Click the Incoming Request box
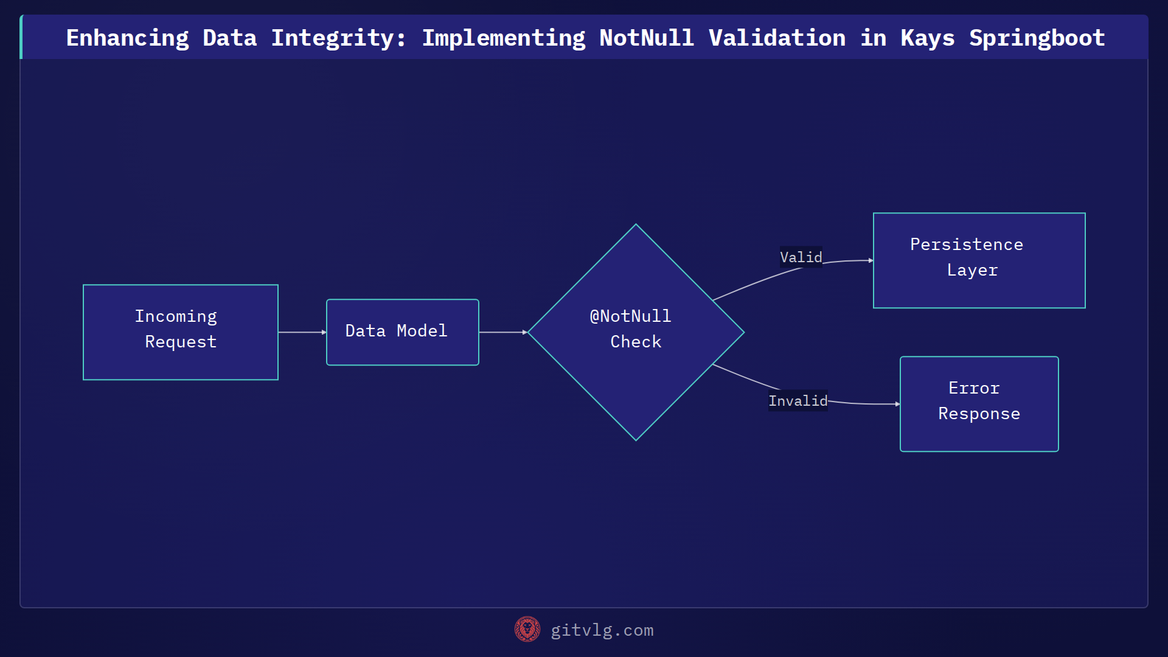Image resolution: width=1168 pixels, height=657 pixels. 181,332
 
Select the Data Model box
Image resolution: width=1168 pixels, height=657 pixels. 402,332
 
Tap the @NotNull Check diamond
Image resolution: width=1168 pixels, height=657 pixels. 636,332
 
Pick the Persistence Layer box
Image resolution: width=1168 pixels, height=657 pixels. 979,260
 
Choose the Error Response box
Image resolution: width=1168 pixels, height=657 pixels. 979,404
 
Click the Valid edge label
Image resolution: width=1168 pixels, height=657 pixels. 801,257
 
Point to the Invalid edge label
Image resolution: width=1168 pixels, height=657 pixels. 798,401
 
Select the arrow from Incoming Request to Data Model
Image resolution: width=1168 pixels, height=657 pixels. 302,332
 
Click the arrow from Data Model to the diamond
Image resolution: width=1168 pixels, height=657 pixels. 502,332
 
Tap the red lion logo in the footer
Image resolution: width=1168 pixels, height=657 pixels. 527,630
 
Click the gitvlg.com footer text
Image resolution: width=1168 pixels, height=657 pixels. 602,630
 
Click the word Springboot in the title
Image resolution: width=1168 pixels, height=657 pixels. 1037,38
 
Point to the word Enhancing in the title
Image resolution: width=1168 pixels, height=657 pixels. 127,38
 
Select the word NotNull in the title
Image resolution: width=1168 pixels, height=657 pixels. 646,38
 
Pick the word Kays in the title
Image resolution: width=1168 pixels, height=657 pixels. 927,38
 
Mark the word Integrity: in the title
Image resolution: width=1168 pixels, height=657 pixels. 338,38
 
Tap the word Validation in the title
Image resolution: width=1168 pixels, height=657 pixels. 777,38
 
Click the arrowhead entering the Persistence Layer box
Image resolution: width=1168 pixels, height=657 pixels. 871,260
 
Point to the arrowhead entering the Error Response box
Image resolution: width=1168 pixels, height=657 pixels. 897,404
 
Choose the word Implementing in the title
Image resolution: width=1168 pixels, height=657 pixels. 504,38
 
